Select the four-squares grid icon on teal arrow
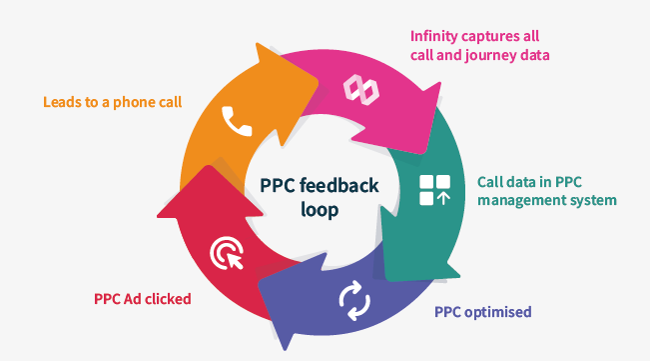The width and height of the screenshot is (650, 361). click(434, 190)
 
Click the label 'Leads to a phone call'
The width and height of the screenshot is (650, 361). click(112, 101)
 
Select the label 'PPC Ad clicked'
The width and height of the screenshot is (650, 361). click(142, 298)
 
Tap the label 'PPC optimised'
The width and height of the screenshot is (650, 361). click(482, 311)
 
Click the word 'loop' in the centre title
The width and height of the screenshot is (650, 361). click(320, 211)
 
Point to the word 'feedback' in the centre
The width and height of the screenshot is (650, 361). click(339, 186)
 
